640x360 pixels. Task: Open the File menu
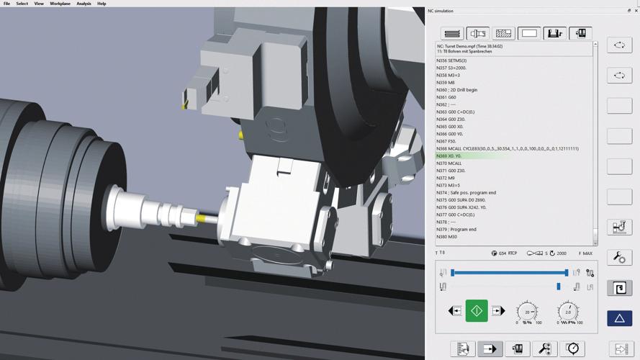pos(6,4)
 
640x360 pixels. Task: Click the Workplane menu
pos(60,4)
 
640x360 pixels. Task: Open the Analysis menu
pos(84,4)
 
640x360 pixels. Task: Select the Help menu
pos(102,4)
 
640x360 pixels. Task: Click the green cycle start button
pos(477,311)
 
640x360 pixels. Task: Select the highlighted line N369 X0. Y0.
pos(449,156)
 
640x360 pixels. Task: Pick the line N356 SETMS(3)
pos(451,60)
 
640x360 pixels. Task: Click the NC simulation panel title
pos(441,11)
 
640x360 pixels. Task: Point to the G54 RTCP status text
pos(508,253)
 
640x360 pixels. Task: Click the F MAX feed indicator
pos(585,253)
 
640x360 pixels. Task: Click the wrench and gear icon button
pos(619,257)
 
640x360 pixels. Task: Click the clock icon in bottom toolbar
pos(572,348)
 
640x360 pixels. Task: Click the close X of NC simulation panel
pos(636,11)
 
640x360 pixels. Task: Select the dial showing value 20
pos(527,312)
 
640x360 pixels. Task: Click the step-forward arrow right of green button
pos(498,311)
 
